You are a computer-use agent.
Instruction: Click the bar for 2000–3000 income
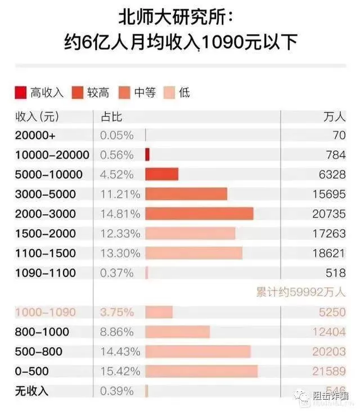coord(199,214)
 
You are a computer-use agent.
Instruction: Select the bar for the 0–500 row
coord(201,371)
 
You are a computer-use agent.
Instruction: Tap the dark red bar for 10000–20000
coord(147,155)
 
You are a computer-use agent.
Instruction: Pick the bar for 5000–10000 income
coord(161,174)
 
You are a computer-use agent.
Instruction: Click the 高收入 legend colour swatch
coord(21,92)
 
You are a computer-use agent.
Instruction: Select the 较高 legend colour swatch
coord(77,92)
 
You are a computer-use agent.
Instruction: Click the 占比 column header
coord(111,116)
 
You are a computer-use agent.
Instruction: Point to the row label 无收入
coord(31,391)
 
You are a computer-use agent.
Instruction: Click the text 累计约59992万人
coord(301,292)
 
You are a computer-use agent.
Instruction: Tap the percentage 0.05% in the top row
coord(116,135)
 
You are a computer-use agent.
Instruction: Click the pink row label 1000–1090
coord(44,312)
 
